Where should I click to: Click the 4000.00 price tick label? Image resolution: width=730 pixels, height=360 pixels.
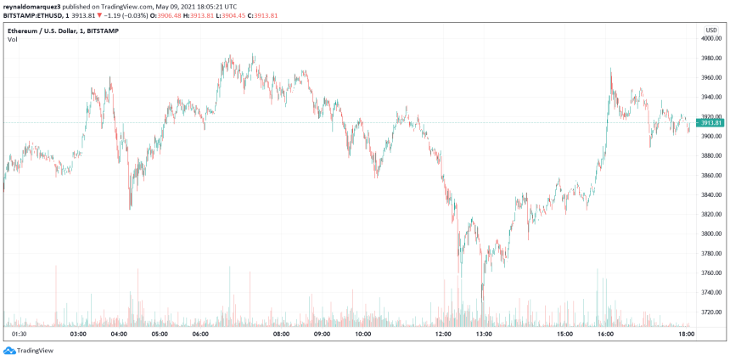(710, 38)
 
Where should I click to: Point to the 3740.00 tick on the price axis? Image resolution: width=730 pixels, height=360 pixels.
(710, 292)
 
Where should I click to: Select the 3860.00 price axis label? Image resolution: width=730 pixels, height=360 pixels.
(710, 175)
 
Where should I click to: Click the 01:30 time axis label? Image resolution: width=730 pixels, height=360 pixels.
(20, 335)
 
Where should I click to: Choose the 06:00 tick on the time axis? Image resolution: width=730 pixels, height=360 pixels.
(200, 335)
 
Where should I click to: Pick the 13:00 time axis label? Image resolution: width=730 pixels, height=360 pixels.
(484, 335)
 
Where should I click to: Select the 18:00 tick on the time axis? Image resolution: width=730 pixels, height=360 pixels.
(686, 335)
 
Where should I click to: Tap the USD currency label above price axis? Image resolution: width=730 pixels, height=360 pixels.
(710, 28)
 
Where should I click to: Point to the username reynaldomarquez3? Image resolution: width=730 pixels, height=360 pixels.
(35, 5)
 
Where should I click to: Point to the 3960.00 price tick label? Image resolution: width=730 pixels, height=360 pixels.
(710, 77)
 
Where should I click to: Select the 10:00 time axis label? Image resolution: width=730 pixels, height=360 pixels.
(363, 335)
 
